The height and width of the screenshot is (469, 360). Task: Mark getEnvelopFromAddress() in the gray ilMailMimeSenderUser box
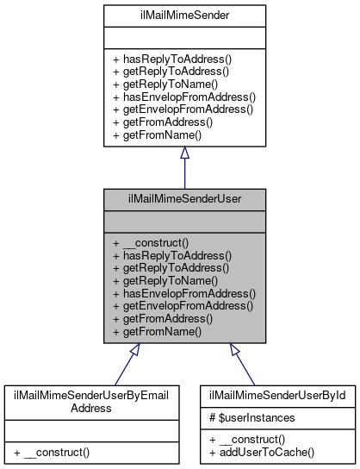coord(183,305)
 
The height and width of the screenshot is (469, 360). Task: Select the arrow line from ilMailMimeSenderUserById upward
coord(244,366)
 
